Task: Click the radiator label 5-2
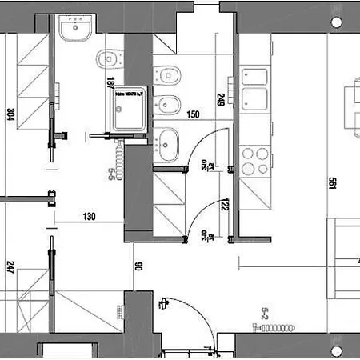point(264,314)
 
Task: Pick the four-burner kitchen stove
point(255,161)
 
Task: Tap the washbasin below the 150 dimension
point(168,143)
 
